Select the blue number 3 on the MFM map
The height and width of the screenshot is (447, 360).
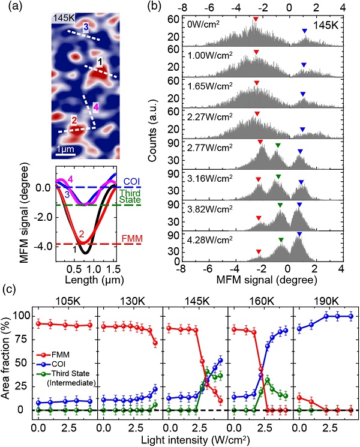tap(86, 27)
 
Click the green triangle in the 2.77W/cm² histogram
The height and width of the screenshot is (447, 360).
tap(278, 145)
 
